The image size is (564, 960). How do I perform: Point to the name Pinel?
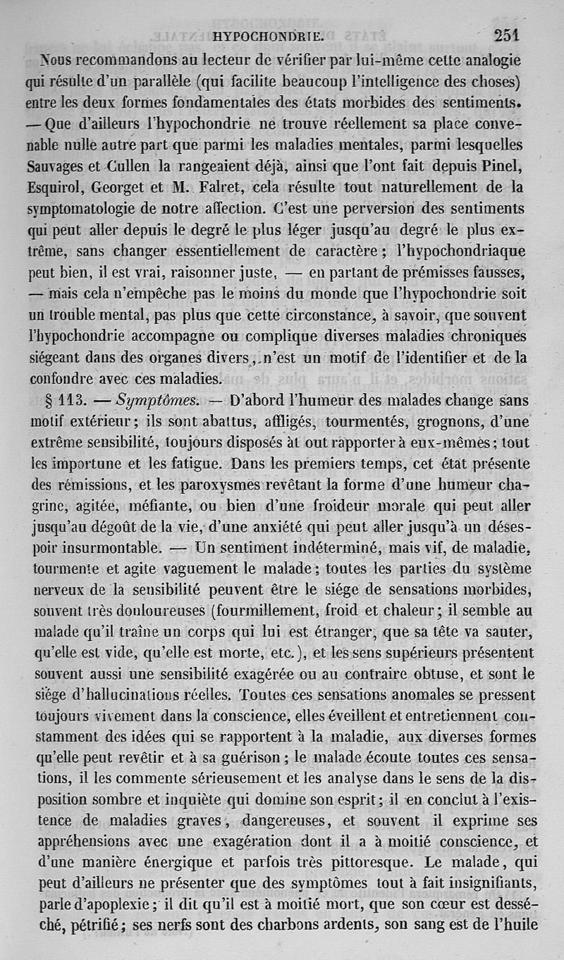click(505, 167)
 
